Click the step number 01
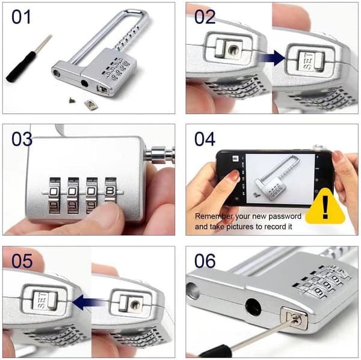(x=21, y=17)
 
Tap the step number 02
(x=205, y=17)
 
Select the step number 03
(x=22, y=139)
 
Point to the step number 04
(x=205, y=139)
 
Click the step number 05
(x=22, y=261)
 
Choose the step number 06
(x=205, y=261)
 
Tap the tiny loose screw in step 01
(x=72, y=100)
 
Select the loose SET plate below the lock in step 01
(x=90, y=105)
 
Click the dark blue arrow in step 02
(x=273, y=58)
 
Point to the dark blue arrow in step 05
(x=88, y=302)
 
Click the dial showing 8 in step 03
(x=111, y=191)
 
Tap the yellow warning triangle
(x=326, y=207)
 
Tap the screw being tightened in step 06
(x=294, y=318)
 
